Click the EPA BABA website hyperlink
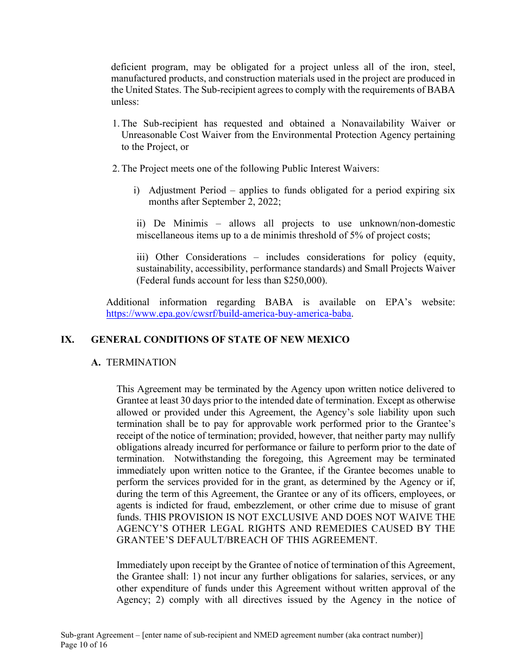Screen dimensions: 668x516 click(229, 313)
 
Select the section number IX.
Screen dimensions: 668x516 click(67, 339)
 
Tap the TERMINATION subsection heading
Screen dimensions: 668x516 click(141, 362)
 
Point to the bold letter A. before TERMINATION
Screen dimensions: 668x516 click(96, 362)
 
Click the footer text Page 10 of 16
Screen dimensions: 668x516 click(84, 645)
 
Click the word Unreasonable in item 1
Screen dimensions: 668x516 click(147, 135)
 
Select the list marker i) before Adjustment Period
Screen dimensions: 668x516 click(137, 190)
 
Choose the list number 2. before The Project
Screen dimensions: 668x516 click(116, 168)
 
